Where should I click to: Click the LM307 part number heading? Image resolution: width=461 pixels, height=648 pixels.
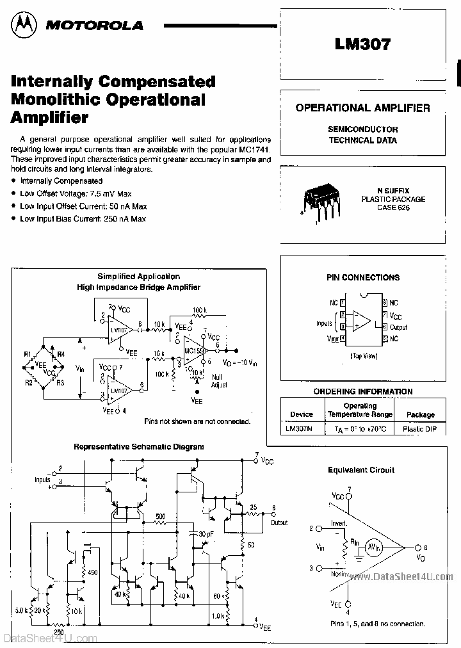pyautogui.click(x=362, y=44)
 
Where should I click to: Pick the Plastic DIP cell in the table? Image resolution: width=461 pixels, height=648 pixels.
pyautogui.click(x=419, y=429)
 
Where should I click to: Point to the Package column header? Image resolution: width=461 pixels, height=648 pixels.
pyautogui.click(x=420, y=414)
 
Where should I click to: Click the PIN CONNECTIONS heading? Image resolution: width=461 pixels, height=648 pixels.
pyautogui.click(x=362, y=277)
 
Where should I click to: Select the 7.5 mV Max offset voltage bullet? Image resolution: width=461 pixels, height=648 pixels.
pyautogui.click(x=83, y=193)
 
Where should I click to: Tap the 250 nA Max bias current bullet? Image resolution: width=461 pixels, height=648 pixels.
pyautogui.click(x=83, y=219)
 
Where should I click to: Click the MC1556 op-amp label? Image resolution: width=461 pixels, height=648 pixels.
pyautogui.click(x=195, y=352)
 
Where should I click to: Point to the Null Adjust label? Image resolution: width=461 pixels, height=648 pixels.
pyautogui.click(x=219, y=382)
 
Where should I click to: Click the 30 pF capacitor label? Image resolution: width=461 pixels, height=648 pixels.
pyautogui.click(x=206, y=534)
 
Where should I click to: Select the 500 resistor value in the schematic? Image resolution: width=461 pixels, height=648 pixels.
pyautogui.click(x=161, y=516)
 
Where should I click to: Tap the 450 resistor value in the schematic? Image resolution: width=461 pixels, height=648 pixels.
pyautogui.click(x=92, y=572)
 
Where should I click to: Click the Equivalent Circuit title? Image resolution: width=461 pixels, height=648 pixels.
pyautogui.click(x=369, y=470)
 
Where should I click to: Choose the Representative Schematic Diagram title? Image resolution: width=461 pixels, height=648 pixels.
pyautogui.click(x=139, y=446)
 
